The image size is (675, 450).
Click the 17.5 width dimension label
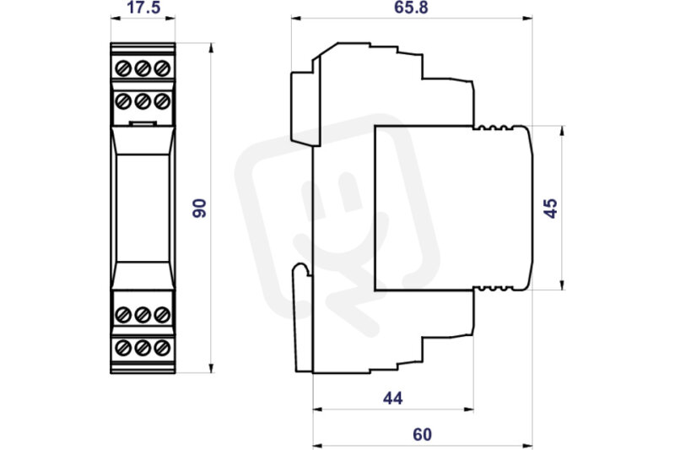[143, 8]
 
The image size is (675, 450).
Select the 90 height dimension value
[199, 208]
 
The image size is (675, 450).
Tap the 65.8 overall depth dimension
[411, 8]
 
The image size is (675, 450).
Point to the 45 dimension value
[551, 208]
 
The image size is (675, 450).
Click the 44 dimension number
[392, 398]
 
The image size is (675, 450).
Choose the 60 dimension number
[422, 435]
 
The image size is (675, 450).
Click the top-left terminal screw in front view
[123, 68]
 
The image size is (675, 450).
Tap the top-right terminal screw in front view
[162, 68]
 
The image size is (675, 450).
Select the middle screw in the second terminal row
[143, 101]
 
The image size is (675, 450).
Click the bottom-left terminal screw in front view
[123, 348]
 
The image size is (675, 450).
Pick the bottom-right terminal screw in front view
[162, 348]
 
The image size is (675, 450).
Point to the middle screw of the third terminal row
[143, 315]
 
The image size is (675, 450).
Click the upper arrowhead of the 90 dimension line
[211, 47]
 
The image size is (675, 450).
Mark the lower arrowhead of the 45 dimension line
[562, 285]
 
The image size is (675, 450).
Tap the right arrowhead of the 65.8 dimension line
[527, 18]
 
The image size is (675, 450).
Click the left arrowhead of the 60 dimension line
[318, 445]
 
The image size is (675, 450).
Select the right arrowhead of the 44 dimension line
[468, 409]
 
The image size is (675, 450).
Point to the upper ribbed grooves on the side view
[494, 127]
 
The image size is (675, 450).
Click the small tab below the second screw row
[143, 124]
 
